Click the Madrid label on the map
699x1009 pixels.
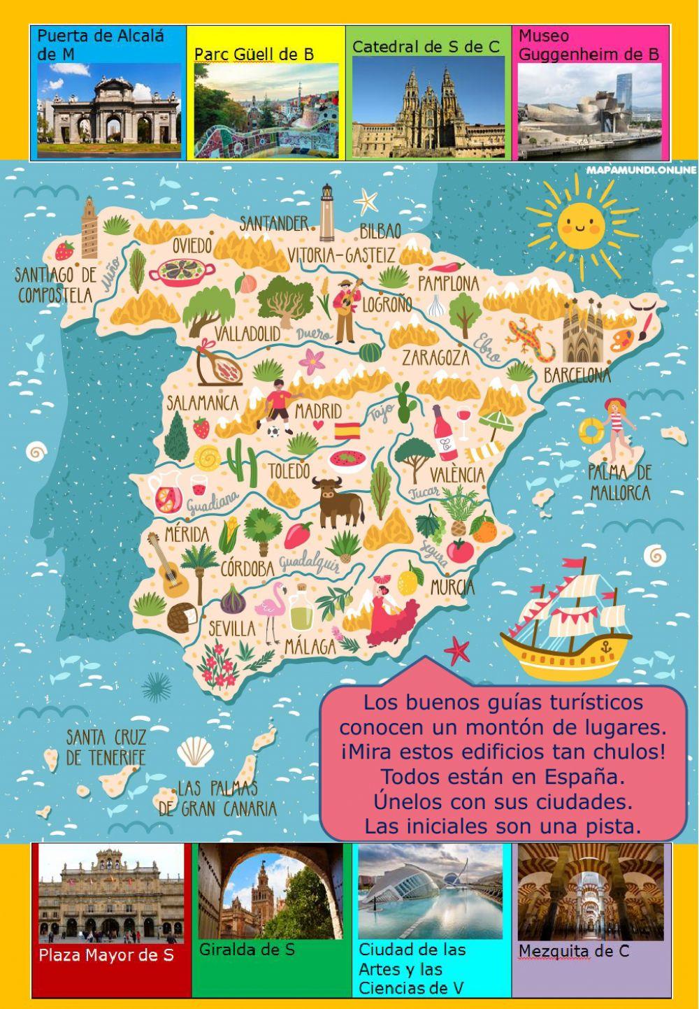318,410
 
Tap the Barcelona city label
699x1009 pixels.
577,375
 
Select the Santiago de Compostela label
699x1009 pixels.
55,285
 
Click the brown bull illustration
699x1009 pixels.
339,498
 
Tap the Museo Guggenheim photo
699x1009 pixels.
589,112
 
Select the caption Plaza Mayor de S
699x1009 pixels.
106,955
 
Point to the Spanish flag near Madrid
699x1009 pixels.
346,430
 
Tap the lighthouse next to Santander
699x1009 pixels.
326,213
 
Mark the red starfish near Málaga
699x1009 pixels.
458,651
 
